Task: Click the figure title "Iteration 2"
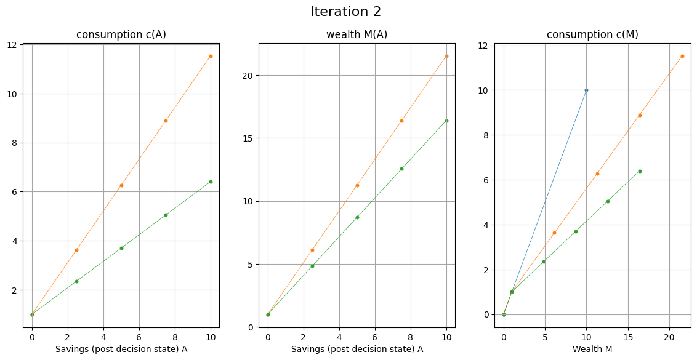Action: point(345,12)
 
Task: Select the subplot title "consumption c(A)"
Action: point(121,34)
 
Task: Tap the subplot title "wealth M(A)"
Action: point(357,34)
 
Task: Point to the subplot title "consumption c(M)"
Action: point(592,34)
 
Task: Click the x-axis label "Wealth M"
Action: point(592,349)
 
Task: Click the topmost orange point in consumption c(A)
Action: point(211,56)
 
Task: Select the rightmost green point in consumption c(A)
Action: point(211,182)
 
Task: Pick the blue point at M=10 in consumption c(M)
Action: point(586,90)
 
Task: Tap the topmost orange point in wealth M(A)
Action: point(446,56)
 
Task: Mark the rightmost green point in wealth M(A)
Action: point(446,121)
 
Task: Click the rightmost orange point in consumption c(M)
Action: point(682,56)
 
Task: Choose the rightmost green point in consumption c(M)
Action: point(640,171)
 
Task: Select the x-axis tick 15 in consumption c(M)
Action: point(628,337)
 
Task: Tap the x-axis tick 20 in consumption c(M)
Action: point(669,337)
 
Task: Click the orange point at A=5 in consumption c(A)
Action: point(121,185)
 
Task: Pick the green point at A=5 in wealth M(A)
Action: point(357,217)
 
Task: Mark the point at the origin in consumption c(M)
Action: point(504,314)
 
